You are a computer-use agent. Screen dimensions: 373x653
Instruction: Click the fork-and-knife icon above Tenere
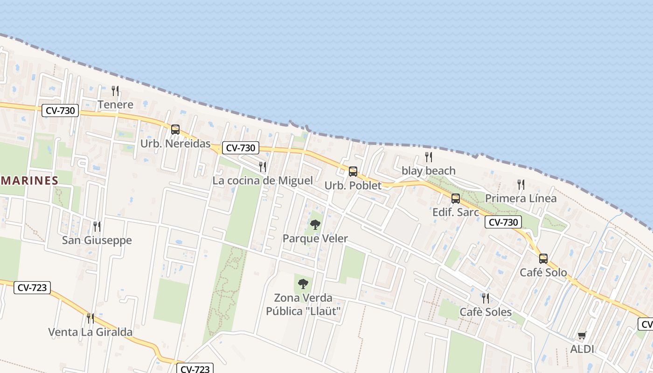115,90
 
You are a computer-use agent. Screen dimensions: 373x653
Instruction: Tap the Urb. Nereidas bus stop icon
175,130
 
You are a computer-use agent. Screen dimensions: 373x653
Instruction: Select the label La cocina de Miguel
263,180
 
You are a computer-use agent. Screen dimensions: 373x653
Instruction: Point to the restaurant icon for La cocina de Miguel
263,166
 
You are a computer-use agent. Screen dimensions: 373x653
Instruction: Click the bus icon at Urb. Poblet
353,172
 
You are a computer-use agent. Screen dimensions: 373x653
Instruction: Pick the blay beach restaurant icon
429,157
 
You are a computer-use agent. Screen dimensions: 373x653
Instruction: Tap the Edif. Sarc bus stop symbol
456,199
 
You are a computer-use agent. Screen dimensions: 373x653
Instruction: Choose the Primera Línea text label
521,198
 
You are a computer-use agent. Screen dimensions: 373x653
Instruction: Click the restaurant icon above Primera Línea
521,185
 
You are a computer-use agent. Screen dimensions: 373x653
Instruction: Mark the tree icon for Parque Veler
315,225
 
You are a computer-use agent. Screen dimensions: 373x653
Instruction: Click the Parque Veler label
315,239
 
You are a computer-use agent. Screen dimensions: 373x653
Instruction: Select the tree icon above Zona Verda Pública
303,283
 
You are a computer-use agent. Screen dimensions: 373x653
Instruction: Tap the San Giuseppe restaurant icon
97,227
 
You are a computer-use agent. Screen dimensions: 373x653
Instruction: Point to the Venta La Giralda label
90,332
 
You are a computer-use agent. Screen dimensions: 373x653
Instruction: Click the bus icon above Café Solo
543,259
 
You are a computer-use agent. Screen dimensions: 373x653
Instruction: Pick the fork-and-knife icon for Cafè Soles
486,298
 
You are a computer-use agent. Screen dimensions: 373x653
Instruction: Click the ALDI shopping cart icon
582,335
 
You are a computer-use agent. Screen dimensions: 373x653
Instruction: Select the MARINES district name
29,180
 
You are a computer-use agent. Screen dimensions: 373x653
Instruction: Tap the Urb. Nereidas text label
175,144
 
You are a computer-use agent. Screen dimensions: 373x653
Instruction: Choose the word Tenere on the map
115,104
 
